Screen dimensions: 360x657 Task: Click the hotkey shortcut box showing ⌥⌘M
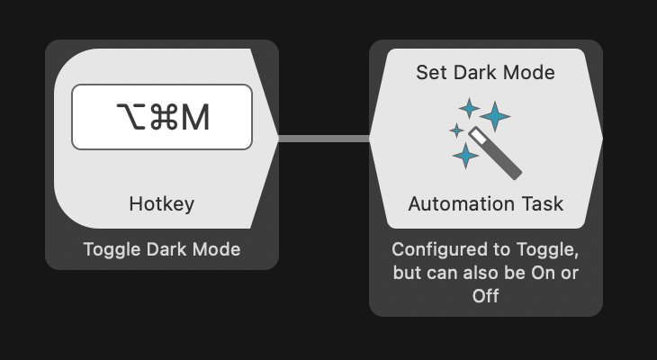(x=162, y=117)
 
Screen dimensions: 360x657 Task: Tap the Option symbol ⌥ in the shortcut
(x=130, y=117)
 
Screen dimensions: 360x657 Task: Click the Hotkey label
(x=162, y=204)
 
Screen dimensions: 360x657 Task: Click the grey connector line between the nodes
(x=324, y=139)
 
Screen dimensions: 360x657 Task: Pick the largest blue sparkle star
(x=494, y=115)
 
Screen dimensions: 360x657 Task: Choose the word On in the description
(x=544, y=273)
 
